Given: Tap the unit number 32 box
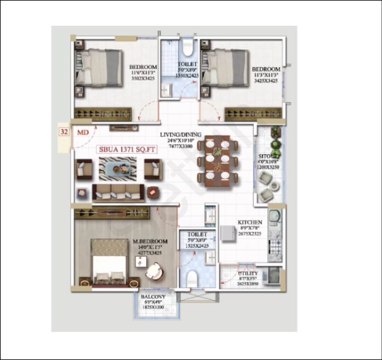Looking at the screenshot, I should click(x=64, y=132).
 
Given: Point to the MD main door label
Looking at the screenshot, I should click(x=83, y=132).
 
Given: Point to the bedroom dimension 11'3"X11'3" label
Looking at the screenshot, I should click(x=266, y=75).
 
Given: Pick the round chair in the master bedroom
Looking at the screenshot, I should click(x=155, y=271).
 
